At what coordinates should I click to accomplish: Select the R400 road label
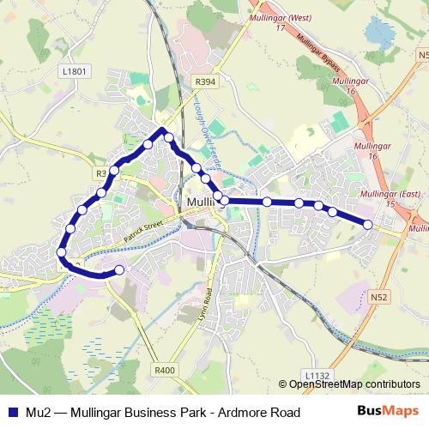click(165, 370)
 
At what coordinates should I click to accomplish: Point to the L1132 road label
click(317, 375)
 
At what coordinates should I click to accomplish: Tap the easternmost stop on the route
click(368, 225)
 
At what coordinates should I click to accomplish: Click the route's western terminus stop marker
click(119, 270)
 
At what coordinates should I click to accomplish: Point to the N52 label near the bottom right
click(381, 297)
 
